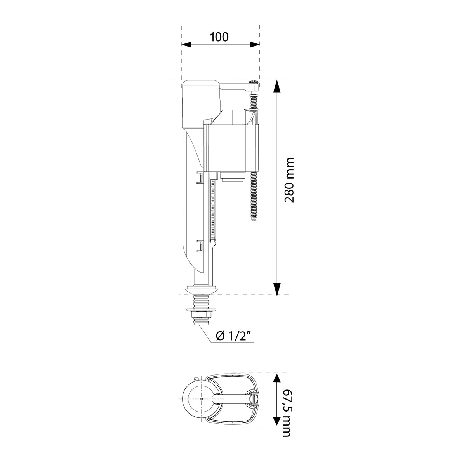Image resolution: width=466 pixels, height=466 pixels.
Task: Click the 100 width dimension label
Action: point(219,37)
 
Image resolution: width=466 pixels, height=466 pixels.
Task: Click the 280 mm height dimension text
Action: point(290,180)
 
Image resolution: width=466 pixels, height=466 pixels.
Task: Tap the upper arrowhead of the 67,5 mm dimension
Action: point(276,379)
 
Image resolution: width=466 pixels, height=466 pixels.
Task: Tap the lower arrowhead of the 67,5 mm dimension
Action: point(276,421)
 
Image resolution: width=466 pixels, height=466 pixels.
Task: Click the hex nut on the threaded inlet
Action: point(200,313)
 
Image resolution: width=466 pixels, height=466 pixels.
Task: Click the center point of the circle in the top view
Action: point(202,399)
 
